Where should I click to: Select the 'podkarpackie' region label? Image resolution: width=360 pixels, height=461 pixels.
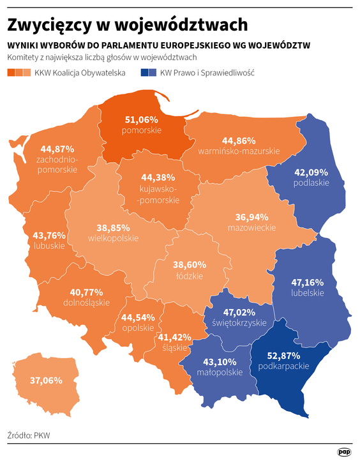[284, 366]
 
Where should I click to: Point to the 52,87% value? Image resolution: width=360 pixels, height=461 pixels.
[284, 355]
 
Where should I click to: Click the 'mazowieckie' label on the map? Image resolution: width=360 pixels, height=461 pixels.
[251, 227]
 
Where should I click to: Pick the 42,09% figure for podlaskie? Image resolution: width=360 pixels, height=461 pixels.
[311, 172]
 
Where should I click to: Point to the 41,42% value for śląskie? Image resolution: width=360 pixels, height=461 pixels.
[175, 336]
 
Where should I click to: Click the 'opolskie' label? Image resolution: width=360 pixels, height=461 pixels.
[138, 328]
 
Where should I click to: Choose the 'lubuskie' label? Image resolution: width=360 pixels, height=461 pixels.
[49, 245]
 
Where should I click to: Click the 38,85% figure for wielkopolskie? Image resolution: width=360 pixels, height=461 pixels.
[113, 227]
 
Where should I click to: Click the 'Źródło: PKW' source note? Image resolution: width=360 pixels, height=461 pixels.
[29, 435]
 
